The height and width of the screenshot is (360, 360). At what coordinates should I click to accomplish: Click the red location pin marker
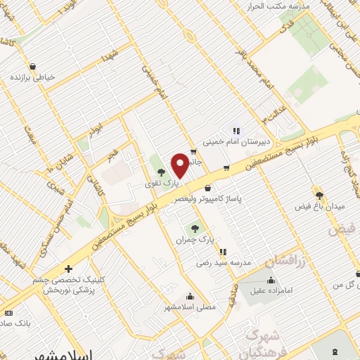179,165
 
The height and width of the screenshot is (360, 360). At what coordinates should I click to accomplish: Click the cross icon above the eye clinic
68,269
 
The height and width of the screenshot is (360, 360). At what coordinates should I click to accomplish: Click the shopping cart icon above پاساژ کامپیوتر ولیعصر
207,188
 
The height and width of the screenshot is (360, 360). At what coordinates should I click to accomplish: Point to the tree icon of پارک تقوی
162,171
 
